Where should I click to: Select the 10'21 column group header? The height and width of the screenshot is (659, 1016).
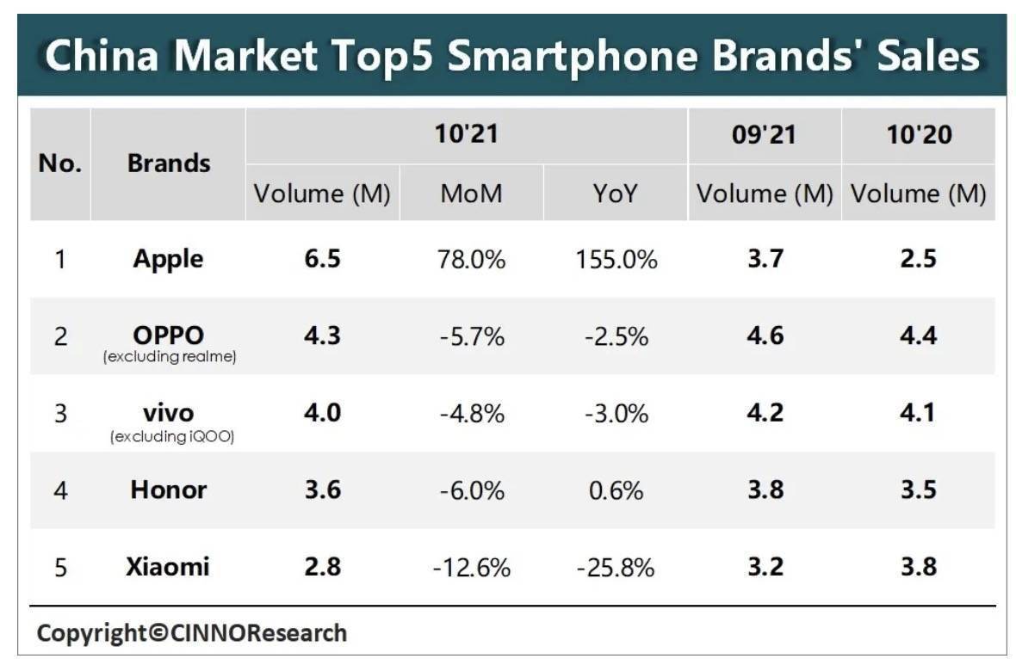(x=466, y=135)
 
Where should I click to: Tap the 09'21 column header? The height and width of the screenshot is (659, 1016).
(x=764, y=135)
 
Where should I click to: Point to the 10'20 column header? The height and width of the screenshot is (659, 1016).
(x=918, y=135)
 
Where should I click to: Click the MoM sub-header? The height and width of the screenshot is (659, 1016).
(x=471, y=194)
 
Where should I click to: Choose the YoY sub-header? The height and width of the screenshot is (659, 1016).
(x=616, y=194)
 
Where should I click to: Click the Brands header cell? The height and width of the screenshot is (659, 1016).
(x=169, y=163)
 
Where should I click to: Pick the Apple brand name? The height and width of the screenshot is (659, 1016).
(x=169, y=259)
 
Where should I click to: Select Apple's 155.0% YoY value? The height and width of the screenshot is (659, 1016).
(x=616, y=259)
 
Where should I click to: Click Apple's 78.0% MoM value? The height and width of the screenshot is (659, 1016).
(x=471, y=259)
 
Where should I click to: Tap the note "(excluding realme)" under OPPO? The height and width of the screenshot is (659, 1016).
(x=170, y=357)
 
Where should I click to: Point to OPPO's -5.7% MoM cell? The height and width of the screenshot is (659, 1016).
(x=471, y=336)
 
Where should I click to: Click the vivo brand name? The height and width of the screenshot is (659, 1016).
(x=169, y=412)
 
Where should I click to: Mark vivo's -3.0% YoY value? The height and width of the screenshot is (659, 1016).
(x=616, y=413)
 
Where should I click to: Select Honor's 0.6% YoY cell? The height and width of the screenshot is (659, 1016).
(x=616, y=490)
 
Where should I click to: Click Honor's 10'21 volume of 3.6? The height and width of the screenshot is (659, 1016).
(x=322, y=490)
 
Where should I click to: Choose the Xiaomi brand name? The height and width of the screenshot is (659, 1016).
(x=169, y=567)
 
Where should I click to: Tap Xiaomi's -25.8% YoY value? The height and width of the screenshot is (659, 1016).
(x=616, y=568)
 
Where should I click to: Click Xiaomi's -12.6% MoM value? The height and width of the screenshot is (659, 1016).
(x=471, y=568)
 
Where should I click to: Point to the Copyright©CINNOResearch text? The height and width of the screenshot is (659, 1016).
(x=191, y=633)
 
